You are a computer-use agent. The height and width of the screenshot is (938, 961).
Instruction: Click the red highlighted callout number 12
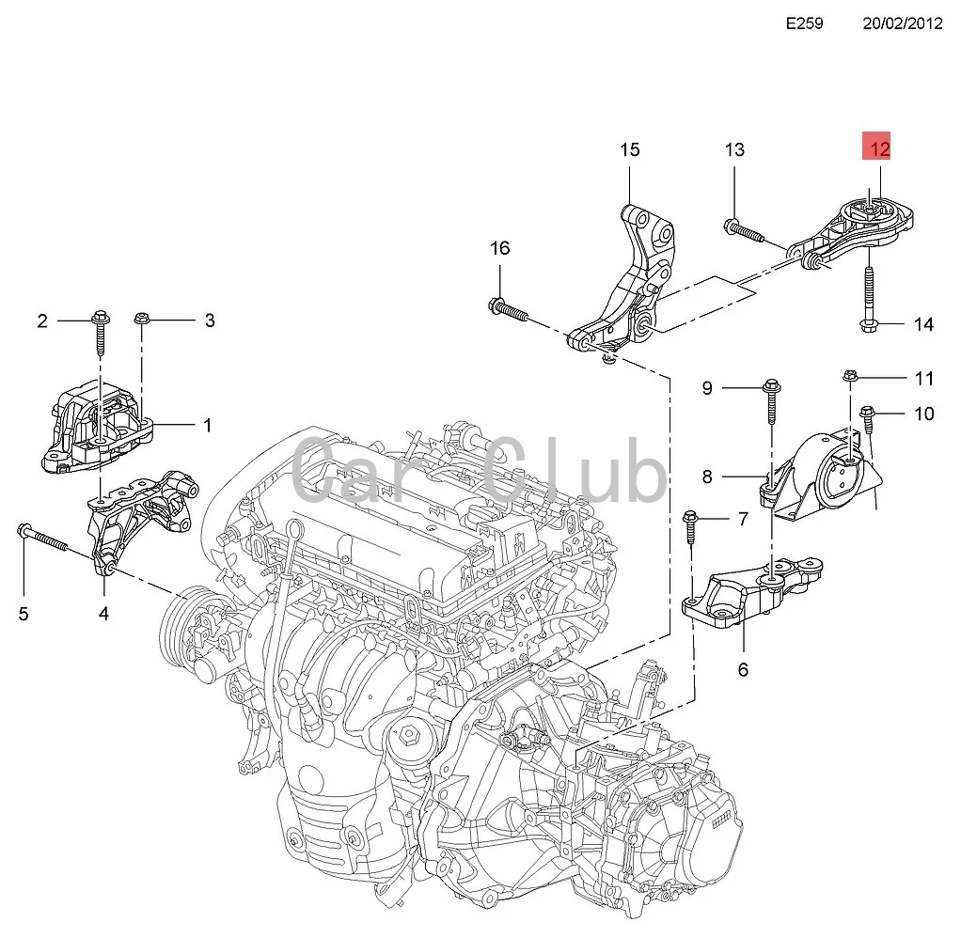point(879,149)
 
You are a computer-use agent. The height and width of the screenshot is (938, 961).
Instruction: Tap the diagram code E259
point(804,23)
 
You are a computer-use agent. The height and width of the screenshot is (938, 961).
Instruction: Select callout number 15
point(629,149)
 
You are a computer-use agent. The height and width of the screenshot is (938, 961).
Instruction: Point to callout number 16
point(499,248)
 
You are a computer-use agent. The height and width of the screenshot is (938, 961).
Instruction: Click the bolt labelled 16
point(509,307)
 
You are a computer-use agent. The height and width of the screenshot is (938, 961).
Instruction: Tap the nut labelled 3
point(142,320)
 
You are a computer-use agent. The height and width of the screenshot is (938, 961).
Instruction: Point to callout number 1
point(208,425)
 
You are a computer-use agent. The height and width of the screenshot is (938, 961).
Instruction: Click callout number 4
point(103,614)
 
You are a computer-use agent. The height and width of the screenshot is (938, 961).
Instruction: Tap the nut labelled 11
point(849,379)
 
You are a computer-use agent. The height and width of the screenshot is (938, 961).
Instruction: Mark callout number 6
point(743,669)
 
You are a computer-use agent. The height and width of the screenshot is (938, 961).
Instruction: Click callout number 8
point(733,477)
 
